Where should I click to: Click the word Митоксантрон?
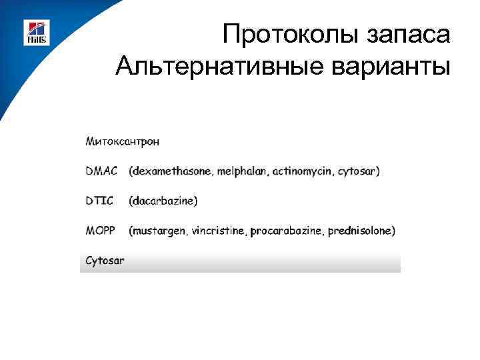coord(122,141)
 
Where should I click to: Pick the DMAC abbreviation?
coord(101,171)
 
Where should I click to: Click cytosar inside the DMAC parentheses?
coord(358,171)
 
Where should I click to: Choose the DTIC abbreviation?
coord(99,201)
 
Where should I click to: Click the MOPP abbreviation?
coord(101,231)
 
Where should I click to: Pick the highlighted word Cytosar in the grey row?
coord(105,261)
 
